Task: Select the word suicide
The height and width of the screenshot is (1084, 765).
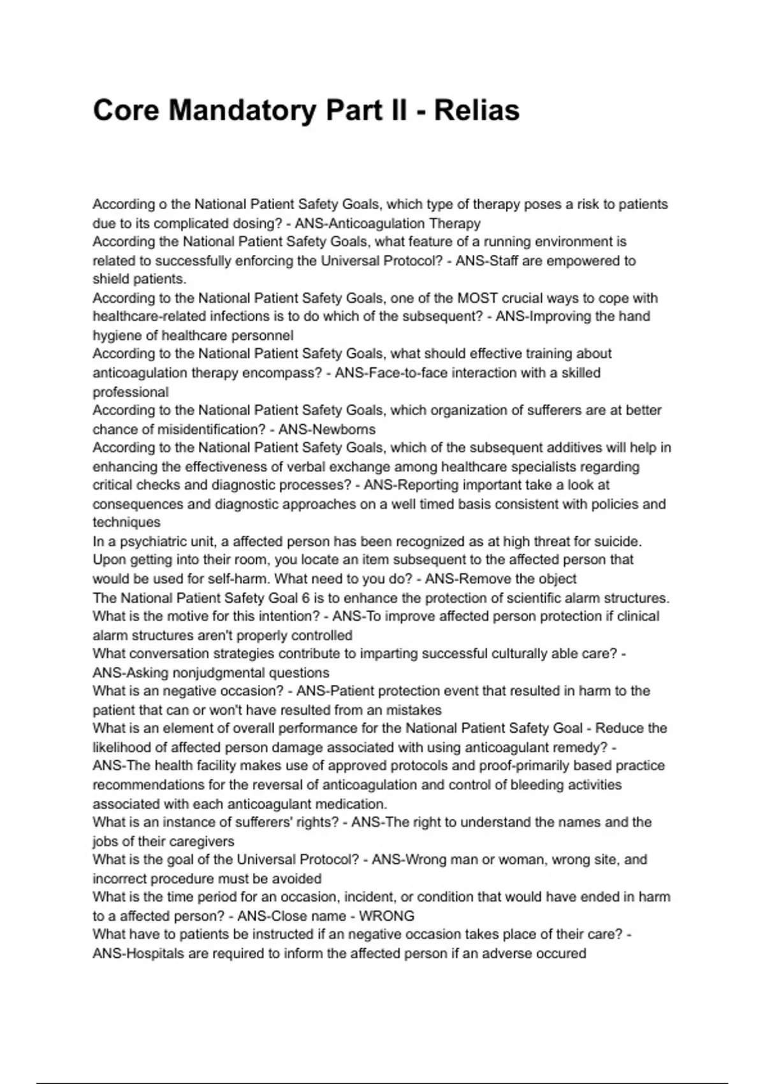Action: point(618,541)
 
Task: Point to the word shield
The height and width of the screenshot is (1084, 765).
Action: point(111,279)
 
